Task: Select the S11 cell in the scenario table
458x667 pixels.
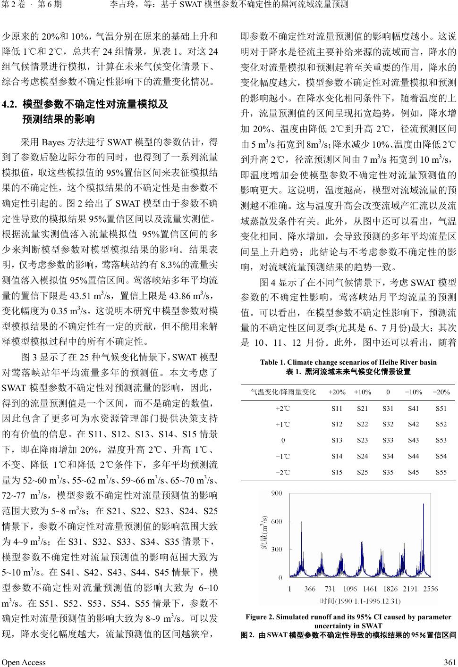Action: click(x=337, y=408)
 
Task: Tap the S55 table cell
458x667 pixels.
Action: click(x=441, y=472)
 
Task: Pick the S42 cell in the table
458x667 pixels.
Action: click(x=413, y=424)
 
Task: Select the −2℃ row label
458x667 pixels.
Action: click(x=283, y=472)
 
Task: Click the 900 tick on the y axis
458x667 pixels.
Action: click(x=277, y=493)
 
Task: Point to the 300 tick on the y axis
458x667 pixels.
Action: click(x=277, y=549)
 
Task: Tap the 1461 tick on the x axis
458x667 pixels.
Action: click(x=371, y=589)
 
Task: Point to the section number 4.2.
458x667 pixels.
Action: click(x=10, y=104)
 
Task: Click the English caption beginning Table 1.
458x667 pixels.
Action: click(x=348, y=362)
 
